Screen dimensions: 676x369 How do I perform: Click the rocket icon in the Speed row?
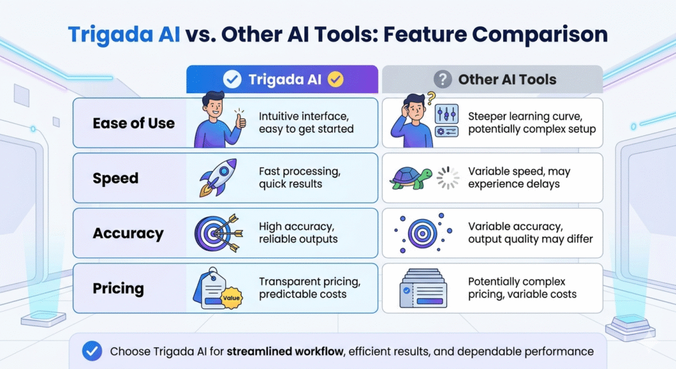pyautogui.click(x=218, y=178)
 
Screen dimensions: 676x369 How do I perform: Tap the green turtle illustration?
pyautogui.click(x=411, y=178)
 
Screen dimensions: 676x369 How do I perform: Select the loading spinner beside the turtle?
pyautogui.click(x=448, y=178)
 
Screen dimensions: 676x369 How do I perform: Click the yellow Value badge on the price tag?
pyautogui.click(x=232, y=298)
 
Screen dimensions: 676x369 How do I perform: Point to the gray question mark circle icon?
pyautogui.click(x=443, y=79)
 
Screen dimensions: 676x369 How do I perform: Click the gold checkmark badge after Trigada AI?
pyautogui.click(x=335, y=79)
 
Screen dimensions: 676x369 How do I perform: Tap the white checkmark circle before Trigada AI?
pyautogui.click(x=232, y=79)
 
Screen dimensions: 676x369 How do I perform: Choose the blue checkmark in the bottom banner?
pyautogui.click(x=92, y=351)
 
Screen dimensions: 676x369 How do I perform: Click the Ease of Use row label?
pyautogui.click(x=133, y=123)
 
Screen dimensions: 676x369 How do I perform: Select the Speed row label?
pyautogui.click(x=116, y=178)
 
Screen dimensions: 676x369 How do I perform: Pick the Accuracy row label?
pyautogui.click(x=128, y=233)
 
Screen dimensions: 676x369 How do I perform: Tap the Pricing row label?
pyautogui.click(x=118, y=288)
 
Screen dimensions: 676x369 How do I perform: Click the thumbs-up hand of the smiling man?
pyautogui.click(x=240, y=120)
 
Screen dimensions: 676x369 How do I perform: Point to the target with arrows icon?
pyautogui.click(x=219, y=233)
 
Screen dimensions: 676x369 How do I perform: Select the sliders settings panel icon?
pyautogui.click(x=446, y=120)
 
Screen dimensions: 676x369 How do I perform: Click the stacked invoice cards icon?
pyautogui.click(x=423, y=288)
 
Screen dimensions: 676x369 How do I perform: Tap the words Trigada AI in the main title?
pyautogui.click(x=124, y=34)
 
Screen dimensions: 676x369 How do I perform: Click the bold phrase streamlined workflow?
pyautogui.click(x=285, y=351)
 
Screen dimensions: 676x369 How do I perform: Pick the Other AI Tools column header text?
pyautogui.click(x=508, y=79)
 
